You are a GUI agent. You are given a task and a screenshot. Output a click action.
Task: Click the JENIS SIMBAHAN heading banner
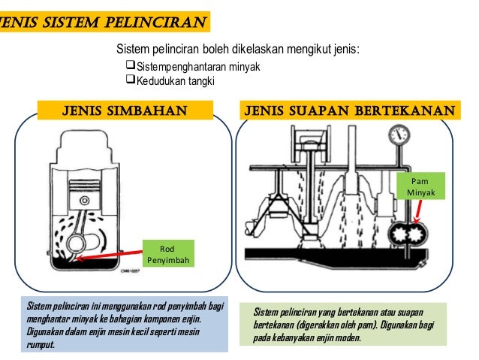124,112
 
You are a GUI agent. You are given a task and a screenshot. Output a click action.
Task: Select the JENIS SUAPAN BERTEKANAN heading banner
348,112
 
